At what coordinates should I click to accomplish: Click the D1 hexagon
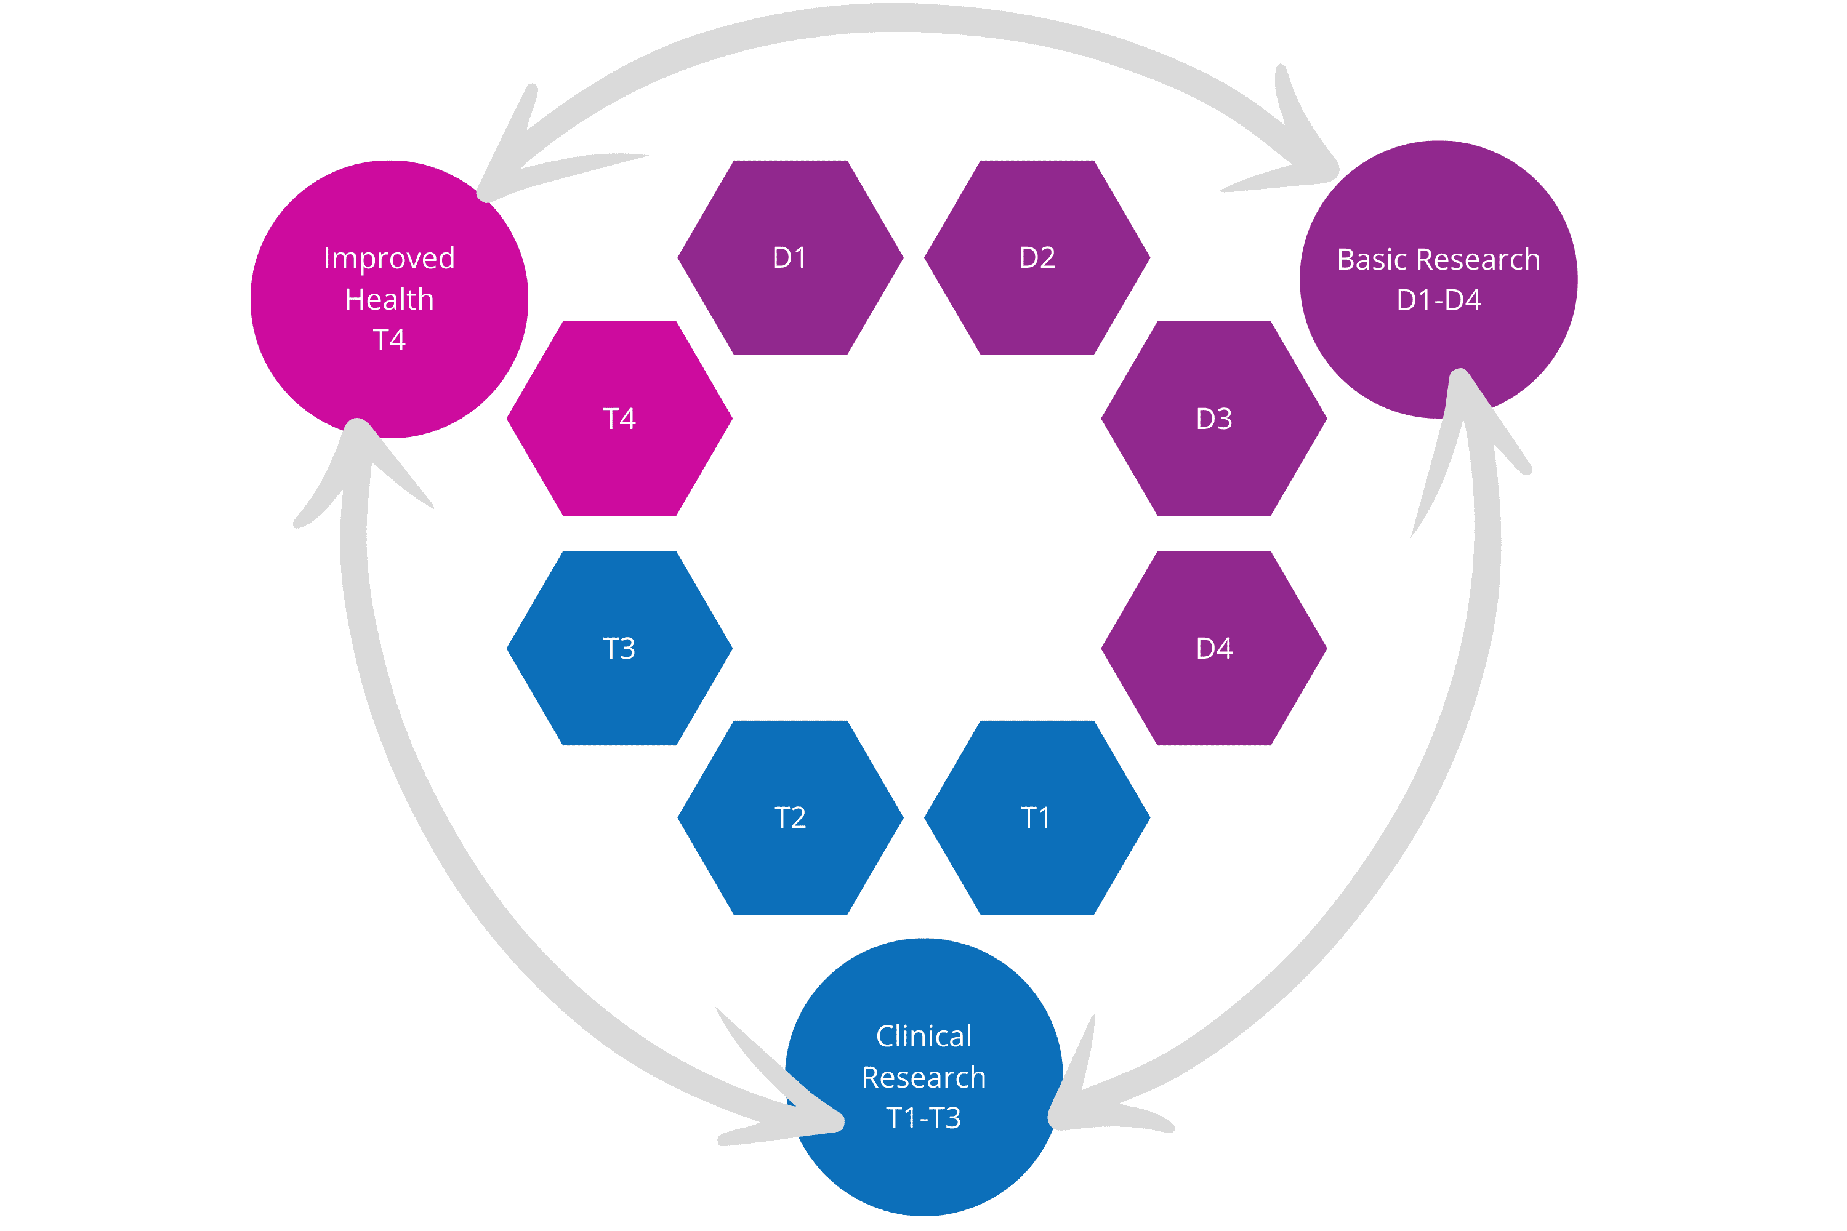click(x=790, y=257)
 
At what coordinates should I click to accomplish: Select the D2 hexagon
click(x=1037, y=257)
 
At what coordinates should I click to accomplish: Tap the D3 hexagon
click(x=1213, y=419)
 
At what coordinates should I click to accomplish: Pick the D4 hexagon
click(x=1213, y=649)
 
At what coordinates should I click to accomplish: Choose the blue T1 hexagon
click(x=1037, y=817)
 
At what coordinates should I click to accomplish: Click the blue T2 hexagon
click(x=790, y=817)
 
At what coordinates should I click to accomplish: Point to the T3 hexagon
click(x=619, y=649)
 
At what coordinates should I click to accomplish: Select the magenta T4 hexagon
click(x=619, y=419)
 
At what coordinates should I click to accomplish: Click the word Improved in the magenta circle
click(x=388, y=259)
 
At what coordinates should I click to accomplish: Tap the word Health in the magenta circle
click(x=388, y=299)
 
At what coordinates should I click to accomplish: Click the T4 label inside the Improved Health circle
click(x=388, y=340)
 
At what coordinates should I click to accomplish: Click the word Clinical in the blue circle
click(x=923, y=1037)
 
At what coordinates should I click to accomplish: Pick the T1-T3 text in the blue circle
click(x=923, y=1118)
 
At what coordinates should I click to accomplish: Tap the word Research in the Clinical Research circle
click(x=923, y=1077)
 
